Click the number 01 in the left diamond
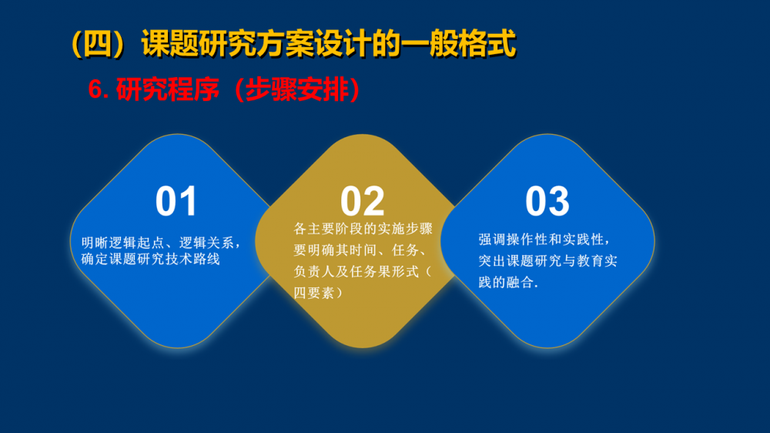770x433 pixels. click(x=176, y=201)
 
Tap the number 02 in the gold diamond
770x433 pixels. click(x=363, y=201)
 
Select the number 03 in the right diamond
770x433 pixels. click(x=547, y=201)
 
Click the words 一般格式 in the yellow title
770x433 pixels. click(x=459, y=44)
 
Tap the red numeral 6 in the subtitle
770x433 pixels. click(x=95, y=90)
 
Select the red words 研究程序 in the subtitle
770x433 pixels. click(x=167, y=90)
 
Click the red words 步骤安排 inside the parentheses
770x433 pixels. click(x=297, y=90)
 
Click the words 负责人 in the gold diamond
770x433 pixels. click(x=314, y=272)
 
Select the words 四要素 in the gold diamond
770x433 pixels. click(x=314, y=293)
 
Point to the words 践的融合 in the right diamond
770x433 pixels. click(x=507, y=282)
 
